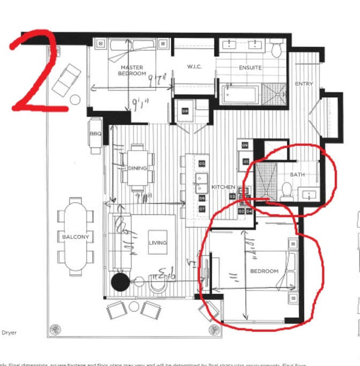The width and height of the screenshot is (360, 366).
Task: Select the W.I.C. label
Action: coord(193,67)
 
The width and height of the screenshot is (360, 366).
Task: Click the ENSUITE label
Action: coord(250,68)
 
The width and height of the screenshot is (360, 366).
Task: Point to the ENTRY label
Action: coord(304,84)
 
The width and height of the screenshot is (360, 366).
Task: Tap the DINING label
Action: coord(137,169)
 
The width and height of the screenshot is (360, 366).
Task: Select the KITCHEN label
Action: coord(223,187)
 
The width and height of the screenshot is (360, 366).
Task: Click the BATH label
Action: coord(297,175)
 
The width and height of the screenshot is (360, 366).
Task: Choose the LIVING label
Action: coord(157,243)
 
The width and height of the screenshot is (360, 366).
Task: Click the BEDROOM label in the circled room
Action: coord(265,271)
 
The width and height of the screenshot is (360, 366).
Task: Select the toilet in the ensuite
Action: coord(276,50)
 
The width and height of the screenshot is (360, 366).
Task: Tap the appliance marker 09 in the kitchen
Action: coord(245,145)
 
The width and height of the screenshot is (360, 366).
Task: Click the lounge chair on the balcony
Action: coord(67,79)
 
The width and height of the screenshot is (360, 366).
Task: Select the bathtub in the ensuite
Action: coord(239,95)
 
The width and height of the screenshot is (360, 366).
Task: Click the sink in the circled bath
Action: coord(309,195)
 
